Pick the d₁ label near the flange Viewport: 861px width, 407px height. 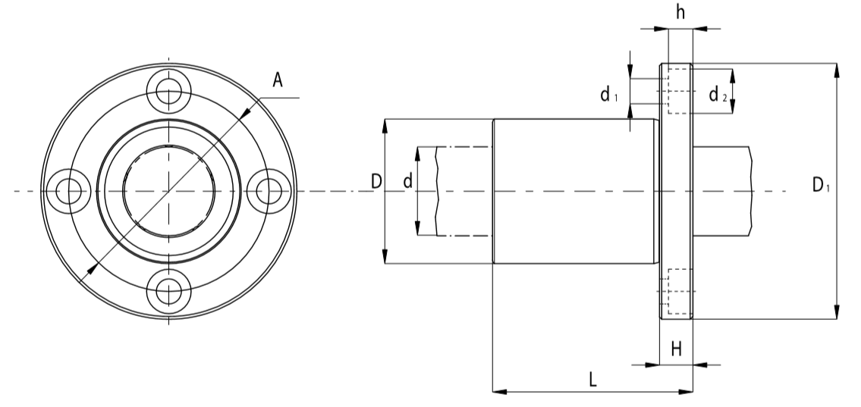609,94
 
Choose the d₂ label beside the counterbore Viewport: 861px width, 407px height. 718,95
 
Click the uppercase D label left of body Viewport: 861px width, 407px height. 376,181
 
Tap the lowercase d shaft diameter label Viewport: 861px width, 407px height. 407,182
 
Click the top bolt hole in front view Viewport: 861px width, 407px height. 168,91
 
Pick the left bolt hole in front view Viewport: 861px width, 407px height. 69,190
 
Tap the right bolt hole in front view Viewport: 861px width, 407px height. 267,190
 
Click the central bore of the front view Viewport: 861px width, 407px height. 168,189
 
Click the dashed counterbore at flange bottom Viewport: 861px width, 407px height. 677,292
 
